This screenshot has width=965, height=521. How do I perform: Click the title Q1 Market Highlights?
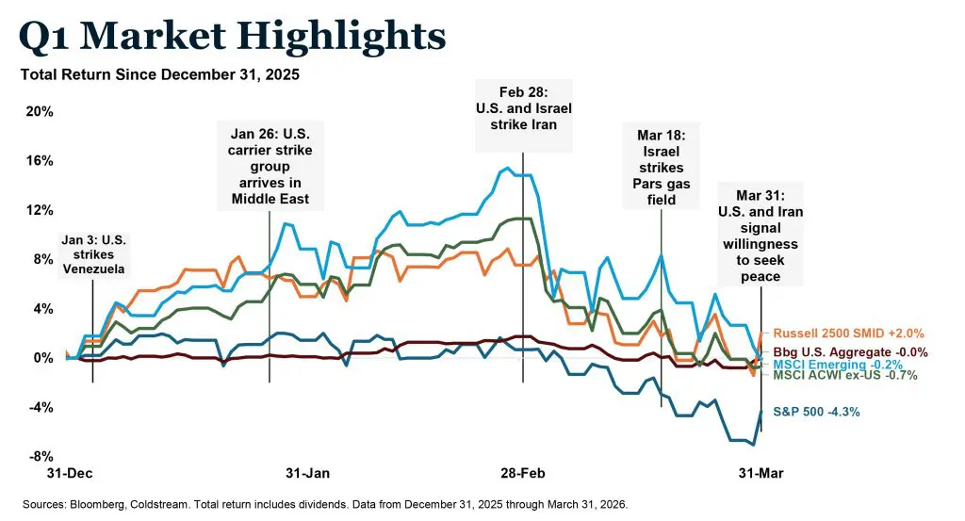pos(232,37)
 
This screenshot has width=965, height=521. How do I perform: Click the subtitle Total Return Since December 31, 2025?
pos(159,75)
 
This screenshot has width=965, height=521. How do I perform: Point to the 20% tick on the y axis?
pos(39,112)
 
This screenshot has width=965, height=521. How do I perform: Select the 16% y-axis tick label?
pos(39,161)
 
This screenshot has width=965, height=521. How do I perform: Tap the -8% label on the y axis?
pos(41,457)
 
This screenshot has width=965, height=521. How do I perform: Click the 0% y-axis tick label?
pos(43,358)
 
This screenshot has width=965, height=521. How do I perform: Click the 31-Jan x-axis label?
pos(307,472)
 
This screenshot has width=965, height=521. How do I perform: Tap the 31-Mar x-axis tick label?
pos(759,472)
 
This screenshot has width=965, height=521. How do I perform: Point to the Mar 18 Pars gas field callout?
pos(661,168)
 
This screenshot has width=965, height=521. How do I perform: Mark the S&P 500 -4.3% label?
pos(815,412)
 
